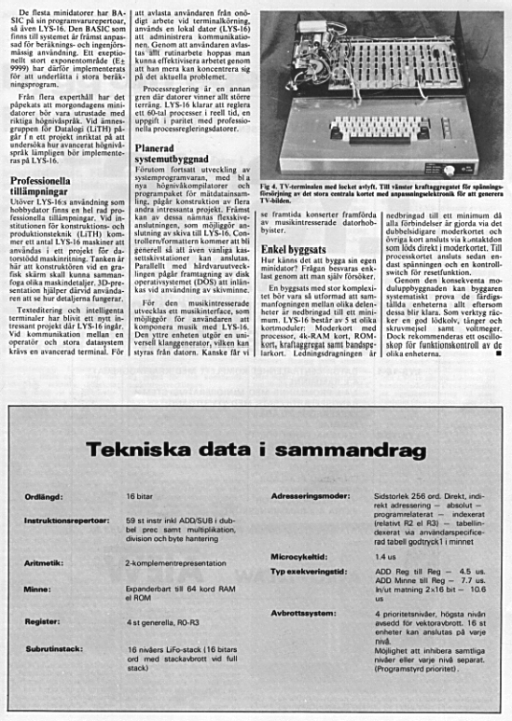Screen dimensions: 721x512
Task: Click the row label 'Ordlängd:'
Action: pos(45,499)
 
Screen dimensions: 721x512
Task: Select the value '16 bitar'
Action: pos(140,499)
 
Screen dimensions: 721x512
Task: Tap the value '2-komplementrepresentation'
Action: pos(173,563)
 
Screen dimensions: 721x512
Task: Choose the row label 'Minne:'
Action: pos(37,589)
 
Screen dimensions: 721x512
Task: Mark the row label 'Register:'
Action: pos(43,617)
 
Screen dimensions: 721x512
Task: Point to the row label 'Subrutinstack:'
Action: pos(53,644)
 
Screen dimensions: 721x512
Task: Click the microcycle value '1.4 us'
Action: pos(384,556)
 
